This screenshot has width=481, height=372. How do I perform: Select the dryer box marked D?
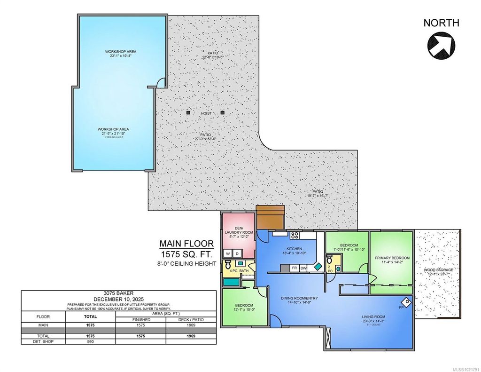click(x=237, y=254)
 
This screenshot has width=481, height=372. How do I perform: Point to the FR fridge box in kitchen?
click(x=295, y=268)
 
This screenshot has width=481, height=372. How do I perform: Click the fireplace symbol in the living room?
click(x=406, y=301)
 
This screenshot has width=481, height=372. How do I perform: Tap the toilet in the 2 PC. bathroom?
click(x=329, y=260)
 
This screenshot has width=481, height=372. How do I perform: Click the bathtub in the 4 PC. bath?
click(x=231, y=282)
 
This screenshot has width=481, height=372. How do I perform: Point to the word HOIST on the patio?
click(x=206, y=113)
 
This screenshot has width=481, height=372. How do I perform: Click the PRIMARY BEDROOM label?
click(x=392, y=258)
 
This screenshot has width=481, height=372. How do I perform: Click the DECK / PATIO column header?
click(x=193, y=319)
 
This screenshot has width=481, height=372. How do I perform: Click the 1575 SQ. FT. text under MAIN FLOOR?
click(x=186, y=254)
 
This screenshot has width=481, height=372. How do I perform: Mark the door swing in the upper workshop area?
click(x=161, y=83)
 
